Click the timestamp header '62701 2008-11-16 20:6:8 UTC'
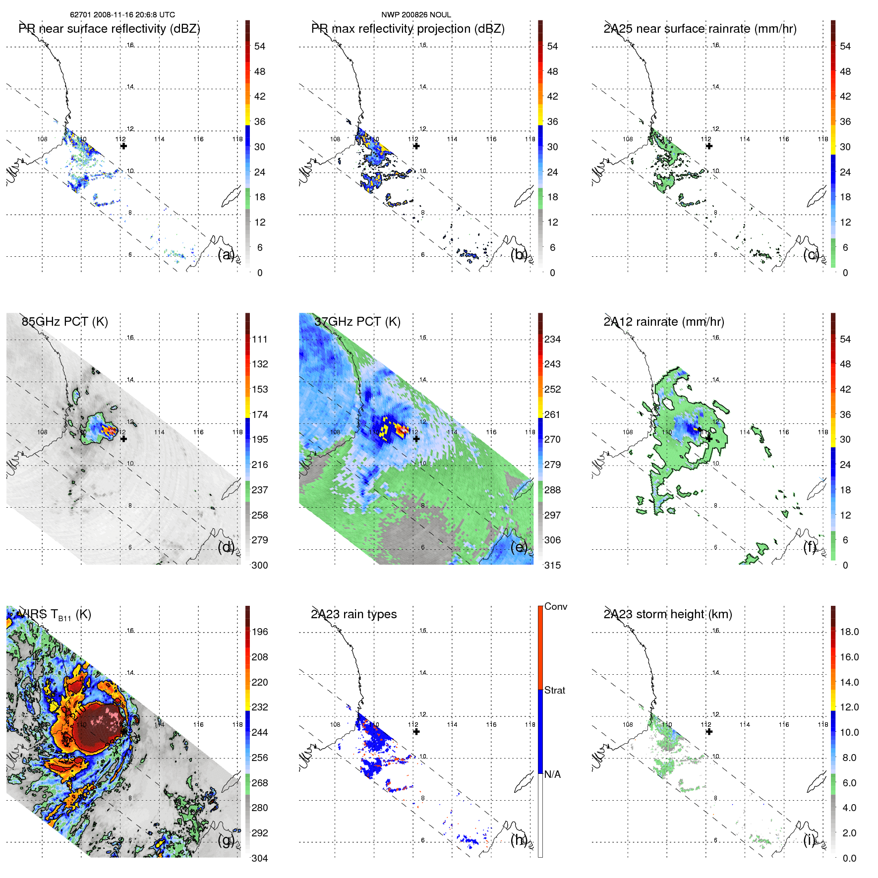point(122,15)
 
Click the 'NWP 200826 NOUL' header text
point(416,15)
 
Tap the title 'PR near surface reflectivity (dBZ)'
point(109,29)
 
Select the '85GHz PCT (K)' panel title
point(64,322)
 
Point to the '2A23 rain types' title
point(353,614)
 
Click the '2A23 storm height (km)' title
point(667,614)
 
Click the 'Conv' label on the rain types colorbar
point(555,606)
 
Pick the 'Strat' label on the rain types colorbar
point(554,690)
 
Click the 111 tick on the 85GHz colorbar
point(260,339)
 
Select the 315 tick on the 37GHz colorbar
point(552,565)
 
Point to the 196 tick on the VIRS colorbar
point(260,632)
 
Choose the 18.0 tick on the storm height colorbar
point(849,632)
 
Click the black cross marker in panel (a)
point(123,146)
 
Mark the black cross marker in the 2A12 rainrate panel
point(709,438)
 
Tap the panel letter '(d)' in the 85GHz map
point(226,547)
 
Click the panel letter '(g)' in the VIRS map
point(226,840)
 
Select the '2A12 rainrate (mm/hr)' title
point(663,322)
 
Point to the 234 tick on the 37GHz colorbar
point(552,339)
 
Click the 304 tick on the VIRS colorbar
point(260,858)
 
